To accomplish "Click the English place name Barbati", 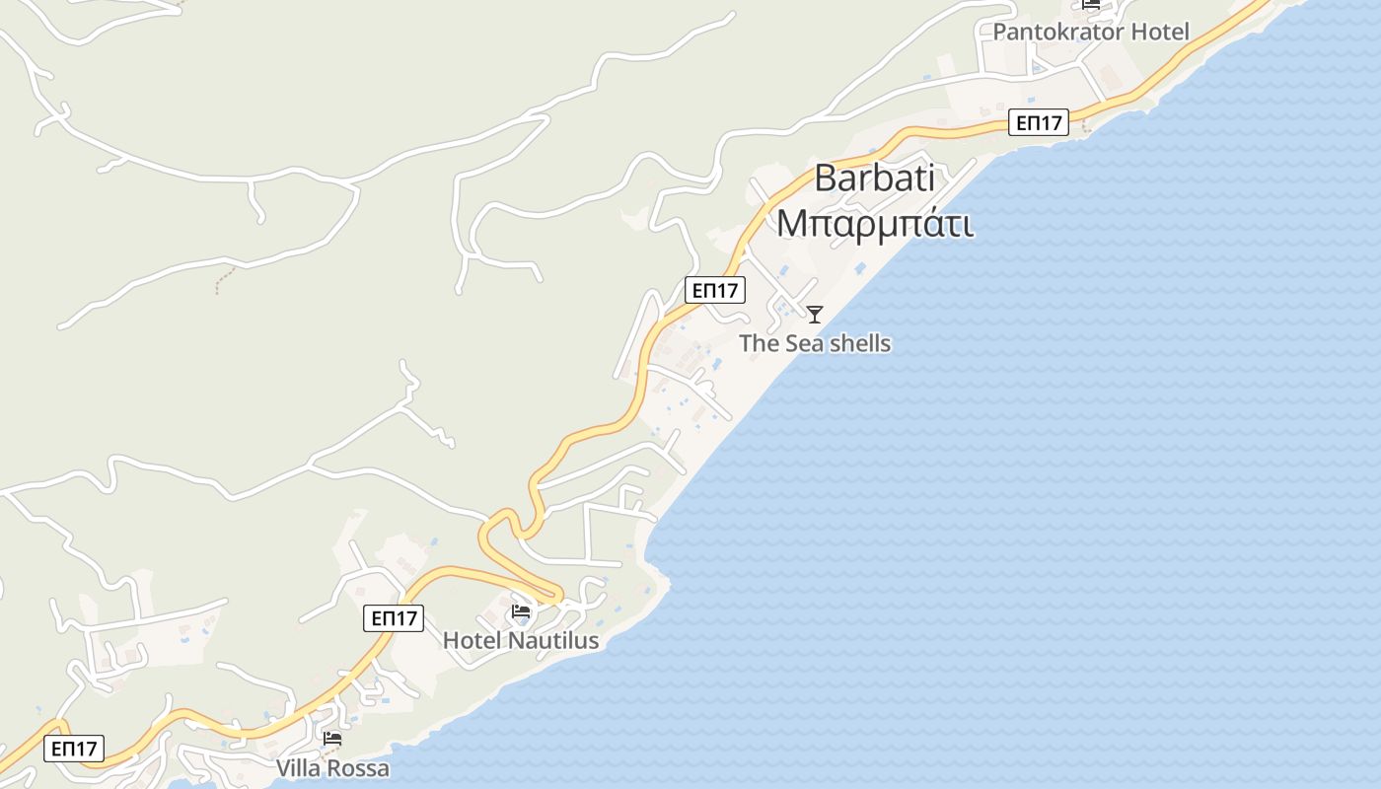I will pos(875,179).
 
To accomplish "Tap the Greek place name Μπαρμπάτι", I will pos(875,223).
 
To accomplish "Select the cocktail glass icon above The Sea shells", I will pos(815,315).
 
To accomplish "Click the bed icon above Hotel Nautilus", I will pos(521,612).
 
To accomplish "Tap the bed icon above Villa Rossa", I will pos(332,738).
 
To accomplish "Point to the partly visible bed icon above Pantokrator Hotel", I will pos(1091,4).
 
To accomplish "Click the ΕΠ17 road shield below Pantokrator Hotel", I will pos(1040,122).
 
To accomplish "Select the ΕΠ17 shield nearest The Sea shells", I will pos(715,290).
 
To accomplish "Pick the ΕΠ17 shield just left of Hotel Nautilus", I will pos(394,618).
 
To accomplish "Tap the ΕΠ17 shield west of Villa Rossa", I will pos(74,749).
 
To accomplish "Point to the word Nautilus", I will pos(553,640).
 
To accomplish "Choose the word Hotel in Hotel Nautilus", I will pos(472,640).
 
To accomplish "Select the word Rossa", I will pos(360,768).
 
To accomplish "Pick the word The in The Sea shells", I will pos(759,343).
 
